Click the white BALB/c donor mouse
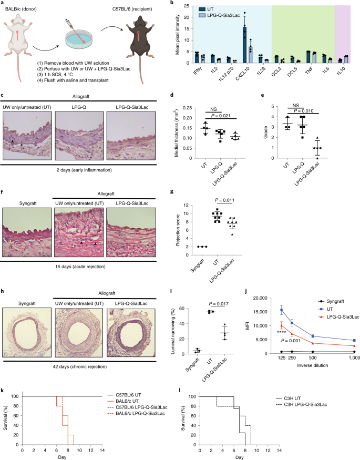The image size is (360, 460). (20, 38)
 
